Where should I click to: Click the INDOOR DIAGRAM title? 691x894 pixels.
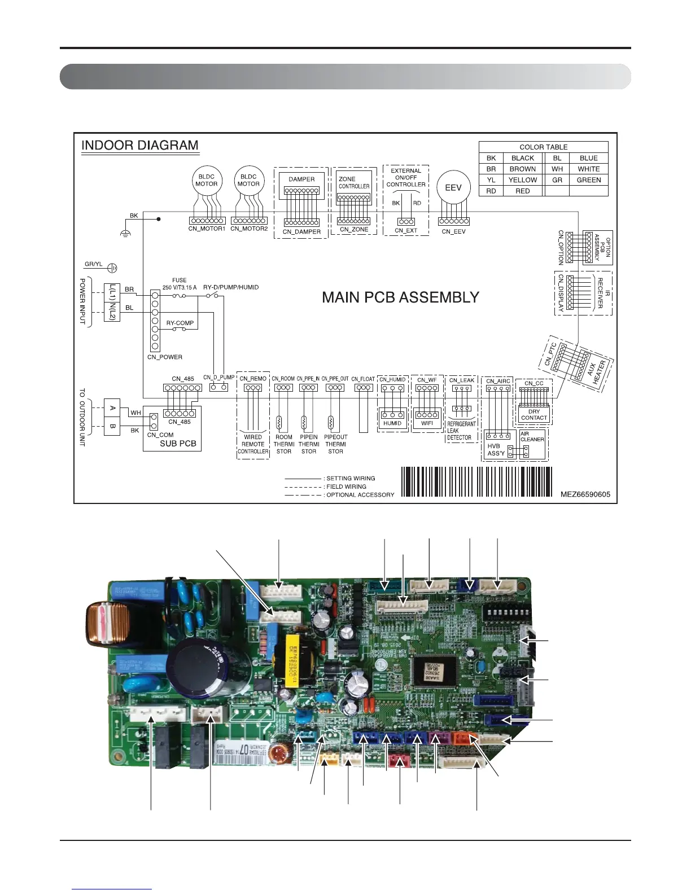pyautogui.click(x=139, y=146)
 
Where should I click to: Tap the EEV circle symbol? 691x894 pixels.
pyautogui.click(x=453, y=188)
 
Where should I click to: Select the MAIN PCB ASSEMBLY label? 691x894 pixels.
pyautogui.click(x=400, y=297)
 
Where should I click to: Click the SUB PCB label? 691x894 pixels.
pyautogui.click(x=178, y=444)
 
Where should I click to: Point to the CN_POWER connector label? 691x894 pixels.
pyautogui.click(x=165, y=357)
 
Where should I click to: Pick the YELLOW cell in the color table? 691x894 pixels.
pyautogui.click(x=523, y=180)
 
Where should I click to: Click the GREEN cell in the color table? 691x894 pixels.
pyautogui.click(x=588, y=180)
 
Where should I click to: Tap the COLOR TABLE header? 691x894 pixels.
pyautogui.click(x=543, y=147)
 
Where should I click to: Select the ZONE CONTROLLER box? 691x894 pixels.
pyautogui.click(x=354, y=183)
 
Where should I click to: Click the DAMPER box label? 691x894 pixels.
pyautogui.click(x=301, y=179)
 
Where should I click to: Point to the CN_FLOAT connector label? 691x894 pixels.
pyautogui.click(x=363, y=379)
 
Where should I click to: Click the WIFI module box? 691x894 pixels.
pyautogui.click(x=427, y=423)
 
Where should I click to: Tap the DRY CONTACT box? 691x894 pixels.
pyautogui.click(x=534, y=415)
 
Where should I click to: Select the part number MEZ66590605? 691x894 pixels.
pyautogui.click(x=585, y=494)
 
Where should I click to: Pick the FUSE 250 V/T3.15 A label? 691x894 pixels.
pyautogui.click(x=180, y=284)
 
